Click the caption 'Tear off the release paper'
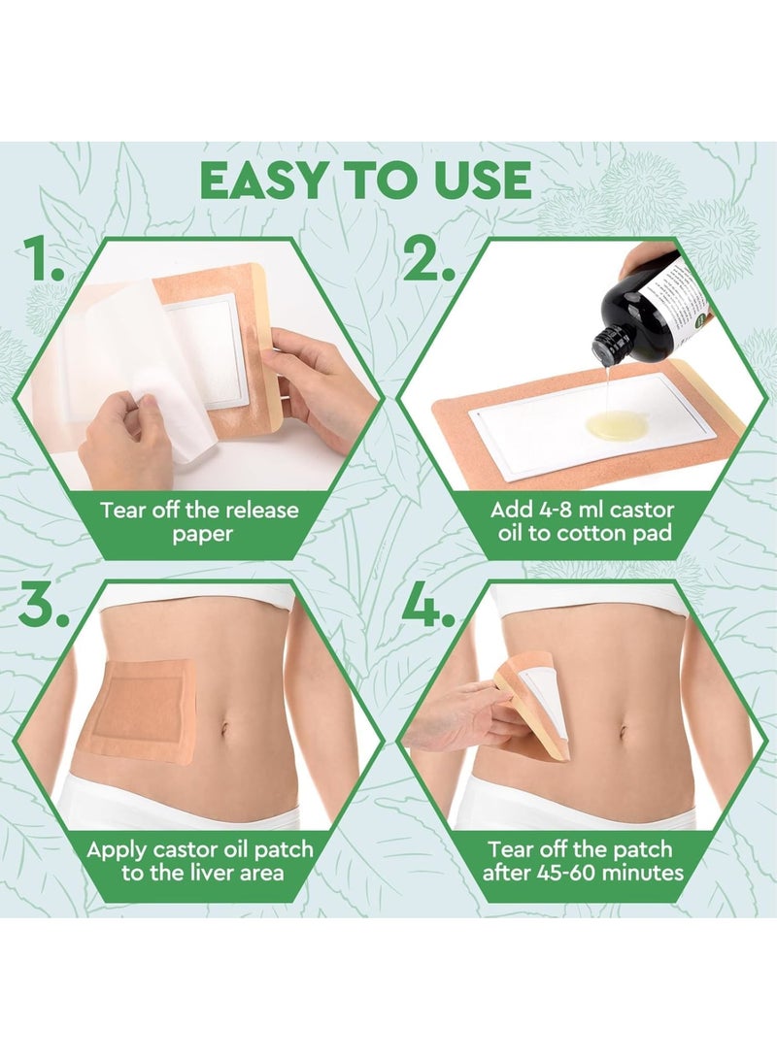pos(199,522)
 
